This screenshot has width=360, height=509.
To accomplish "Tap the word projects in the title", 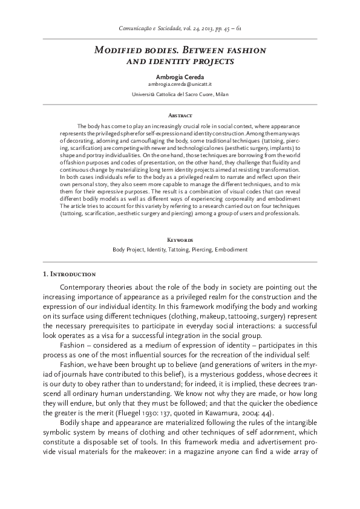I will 211,61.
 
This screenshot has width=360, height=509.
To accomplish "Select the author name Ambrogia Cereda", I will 180,78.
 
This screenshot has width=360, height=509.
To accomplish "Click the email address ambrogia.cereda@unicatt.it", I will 180,86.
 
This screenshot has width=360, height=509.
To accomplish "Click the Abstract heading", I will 180,115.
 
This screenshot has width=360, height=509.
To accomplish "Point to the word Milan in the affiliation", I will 222,95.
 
